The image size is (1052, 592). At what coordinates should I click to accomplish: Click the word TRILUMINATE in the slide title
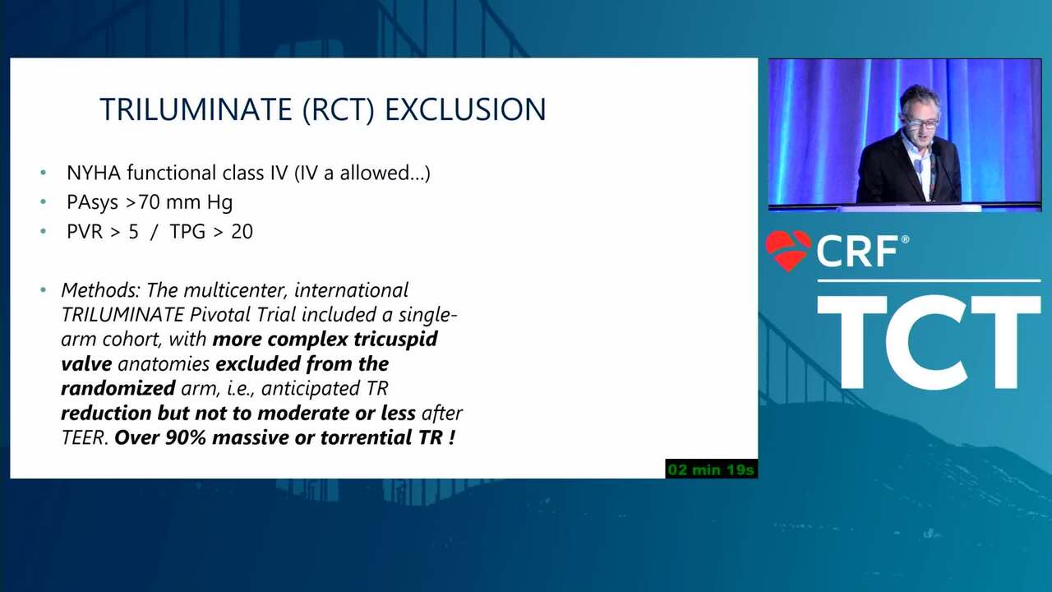point(196,109)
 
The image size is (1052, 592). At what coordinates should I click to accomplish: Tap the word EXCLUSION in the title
point(465,109)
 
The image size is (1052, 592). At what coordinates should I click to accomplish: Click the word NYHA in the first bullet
point(94,173)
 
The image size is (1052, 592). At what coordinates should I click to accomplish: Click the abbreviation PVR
point(85,232)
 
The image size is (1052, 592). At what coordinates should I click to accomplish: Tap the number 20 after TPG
point(242,232)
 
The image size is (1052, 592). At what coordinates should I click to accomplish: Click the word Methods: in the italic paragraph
point(100,290)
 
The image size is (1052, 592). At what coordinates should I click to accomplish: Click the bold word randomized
point(118,389)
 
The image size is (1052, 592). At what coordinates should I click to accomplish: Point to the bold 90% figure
point(186,437)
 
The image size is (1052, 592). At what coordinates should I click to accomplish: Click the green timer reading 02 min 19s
point(711,469)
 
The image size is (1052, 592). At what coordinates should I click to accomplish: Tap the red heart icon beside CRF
point(788,251)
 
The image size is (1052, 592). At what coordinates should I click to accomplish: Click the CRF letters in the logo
point(857,252)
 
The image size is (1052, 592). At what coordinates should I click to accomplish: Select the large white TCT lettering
point(929,341)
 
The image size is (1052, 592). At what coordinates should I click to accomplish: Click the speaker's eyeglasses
point(922,123)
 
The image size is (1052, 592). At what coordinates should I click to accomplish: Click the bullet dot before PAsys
point(44,202)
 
